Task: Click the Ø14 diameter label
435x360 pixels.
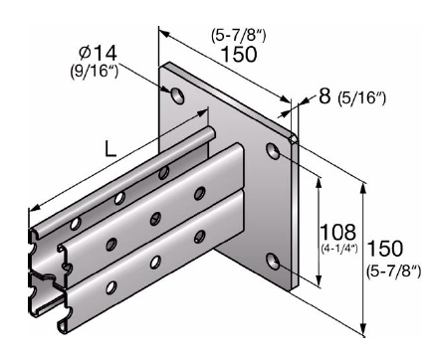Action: pos(98,54)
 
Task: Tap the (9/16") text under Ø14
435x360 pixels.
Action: pos(95,71)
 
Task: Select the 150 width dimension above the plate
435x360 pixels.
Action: pos(239,54)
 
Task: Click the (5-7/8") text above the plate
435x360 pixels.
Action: pos(239,35)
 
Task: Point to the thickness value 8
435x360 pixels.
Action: pos(325,95)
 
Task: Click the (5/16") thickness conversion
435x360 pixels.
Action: pos(361,97)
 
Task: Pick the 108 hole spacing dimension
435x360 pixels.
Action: pos(337,232)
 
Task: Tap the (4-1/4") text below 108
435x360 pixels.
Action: pos(339,248)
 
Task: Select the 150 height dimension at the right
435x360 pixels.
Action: pos(385,249)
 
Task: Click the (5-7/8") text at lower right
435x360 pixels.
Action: pos(394,271)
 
